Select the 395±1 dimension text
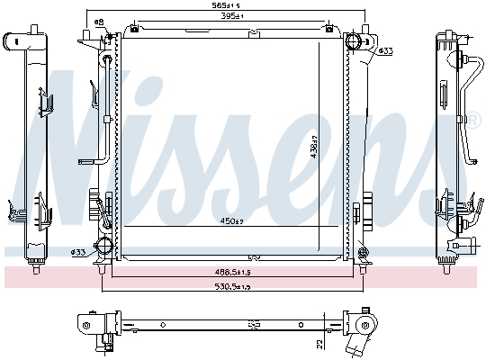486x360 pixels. coord(235,17)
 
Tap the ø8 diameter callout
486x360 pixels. coord(99,22)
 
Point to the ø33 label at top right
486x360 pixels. coord(385,50)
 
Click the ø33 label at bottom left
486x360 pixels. coord(78,251)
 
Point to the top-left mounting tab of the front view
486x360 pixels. coord(86,37)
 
